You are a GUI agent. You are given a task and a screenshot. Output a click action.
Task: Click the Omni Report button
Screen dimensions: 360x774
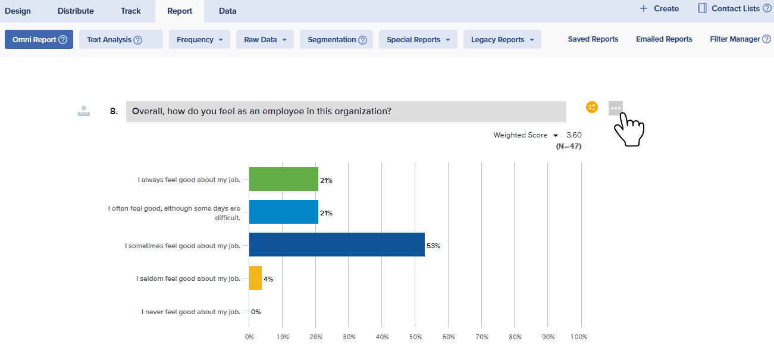[39, 39]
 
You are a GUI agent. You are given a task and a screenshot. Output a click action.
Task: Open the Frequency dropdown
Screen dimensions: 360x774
[199, 39]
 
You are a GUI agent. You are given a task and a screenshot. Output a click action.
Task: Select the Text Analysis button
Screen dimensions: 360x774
[121, 39]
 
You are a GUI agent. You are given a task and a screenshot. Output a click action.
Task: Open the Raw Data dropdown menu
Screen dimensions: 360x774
[265, 39]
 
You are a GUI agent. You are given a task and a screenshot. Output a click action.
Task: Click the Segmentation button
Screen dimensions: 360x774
[336, 39]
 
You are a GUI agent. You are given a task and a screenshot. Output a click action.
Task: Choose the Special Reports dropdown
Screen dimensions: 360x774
[418, 39]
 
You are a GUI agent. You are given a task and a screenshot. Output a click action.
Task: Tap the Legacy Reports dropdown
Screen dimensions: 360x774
[502, 39]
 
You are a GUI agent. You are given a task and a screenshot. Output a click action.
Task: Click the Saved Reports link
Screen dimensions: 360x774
[593, 39]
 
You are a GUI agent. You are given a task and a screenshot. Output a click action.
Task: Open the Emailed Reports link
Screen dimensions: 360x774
[664, 39]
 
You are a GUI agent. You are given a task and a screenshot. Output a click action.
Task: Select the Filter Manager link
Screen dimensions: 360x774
[735, 39]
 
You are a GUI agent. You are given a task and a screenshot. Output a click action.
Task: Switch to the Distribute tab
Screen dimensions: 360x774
[76, 11]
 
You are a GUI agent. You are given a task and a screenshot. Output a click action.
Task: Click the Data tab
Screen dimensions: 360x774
[227, 11]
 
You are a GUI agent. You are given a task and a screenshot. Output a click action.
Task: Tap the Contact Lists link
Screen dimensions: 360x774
[735, 8]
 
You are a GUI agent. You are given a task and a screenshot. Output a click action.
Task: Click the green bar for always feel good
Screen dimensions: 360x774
[283, 179]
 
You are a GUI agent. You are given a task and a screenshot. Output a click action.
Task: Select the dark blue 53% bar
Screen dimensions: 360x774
[337, 245]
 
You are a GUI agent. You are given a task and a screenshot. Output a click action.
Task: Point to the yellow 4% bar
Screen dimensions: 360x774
[255, 278]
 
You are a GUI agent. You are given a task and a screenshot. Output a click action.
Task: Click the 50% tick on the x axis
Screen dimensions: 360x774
[415, 337]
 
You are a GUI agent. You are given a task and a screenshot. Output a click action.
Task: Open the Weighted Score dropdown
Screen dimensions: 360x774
[525, 135]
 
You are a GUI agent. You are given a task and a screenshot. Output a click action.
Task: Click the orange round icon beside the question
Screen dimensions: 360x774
[591, 107]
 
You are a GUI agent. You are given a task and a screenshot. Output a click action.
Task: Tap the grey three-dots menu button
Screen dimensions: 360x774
[615, 108]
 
